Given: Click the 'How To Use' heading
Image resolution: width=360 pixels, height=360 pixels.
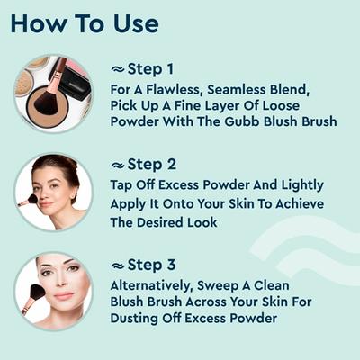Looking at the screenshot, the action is point(85,24).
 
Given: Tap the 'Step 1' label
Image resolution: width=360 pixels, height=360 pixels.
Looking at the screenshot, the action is point(150,69).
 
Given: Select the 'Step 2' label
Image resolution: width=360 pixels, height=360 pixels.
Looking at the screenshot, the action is point(152,165).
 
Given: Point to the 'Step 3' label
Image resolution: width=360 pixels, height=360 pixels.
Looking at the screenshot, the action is point(151,265).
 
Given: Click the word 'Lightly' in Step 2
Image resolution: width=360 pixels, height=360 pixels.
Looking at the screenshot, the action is point(302,185).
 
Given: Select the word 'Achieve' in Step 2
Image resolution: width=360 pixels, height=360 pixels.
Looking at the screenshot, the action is point(300,204).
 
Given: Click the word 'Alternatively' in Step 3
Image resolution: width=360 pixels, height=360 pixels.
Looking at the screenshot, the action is point(150,285).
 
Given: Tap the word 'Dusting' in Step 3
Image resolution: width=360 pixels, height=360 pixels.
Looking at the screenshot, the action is point(134,319).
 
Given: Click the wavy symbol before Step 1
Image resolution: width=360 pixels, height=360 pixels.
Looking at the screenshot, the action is point(118,70).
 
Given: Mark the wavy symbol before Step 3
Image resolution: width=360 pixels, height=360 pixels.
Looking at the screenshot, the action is point(118,265).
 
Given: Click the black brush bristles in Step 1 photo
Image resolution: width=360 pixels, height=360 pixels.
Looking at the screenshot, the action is point(46,101).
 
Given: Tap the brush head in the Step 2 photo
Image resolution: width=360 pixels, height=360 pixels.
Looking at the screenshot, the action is point(32,199).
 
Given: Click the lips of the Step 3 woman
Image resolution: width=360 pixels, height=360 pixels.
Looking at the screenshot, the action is point(64,295).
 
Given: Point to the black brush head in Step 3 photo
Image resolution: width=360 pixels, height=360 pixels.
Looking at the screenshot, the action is point(37,294).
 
